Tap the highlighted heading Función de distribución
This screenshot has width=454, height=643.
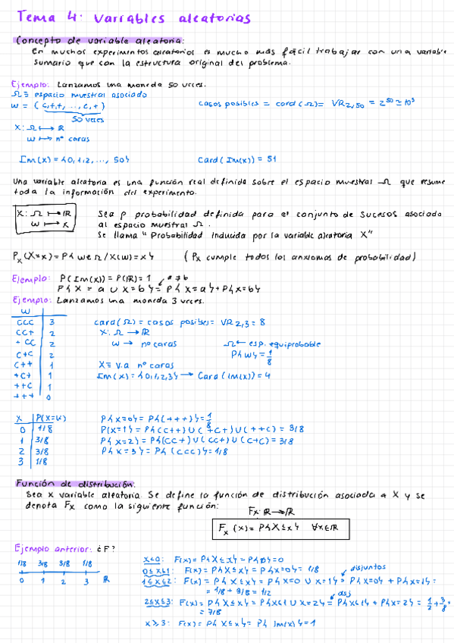pyautogui.click(x=75, y=483)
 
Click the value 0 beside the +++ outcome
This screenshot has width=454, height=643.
pyautogui.click(x=49, y=396)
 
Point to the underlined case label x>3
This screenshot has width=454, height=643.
pyautogui.click(x=155, y=623)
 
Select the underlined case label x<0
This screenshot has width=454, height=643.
pyautogui.click(x=152, y=560)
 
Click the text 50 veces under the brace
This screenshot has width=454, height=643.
pyautogui.click(x=89, y=119)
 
